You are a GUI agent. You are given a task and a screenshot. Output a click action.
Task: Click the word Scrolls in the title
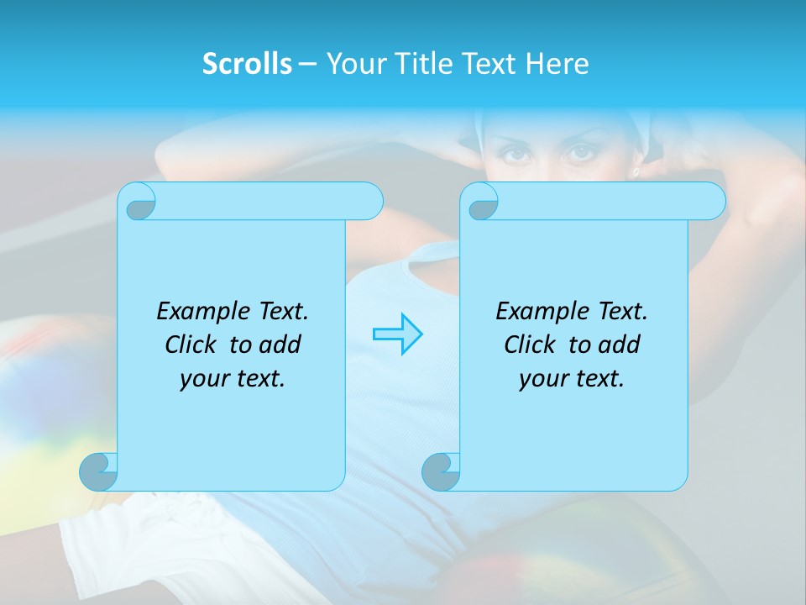[247, 64]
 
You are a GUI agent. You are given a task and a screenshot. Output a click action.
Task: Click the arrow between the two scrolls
[398, 334]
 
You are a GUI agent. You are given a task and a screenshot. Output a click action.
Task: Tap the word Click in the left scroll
[194, 345]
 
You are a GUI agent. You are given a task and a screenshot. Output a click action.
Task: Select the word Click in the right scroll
[533, 345]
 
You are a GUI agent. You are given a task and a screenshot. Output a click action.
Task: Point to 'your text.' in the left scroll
[233, 379]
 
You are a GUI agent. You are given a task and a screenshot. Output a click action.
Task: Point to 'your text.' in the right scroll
[572, 379]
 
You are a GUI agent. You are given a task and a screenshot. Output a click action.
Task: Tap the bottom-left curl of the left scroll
[99, 471]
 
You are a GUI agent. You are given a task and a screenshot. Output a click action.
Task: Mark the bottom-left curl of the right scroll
[441, 471]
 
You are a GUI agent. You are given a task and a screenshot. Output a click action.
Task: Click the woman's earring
[636, 172]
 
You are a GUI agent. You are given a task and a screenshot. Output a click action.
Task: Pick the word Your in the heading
[352, 64]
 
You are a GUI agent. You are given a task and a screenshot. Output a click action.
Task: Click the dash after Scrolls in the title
[307, 64]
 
